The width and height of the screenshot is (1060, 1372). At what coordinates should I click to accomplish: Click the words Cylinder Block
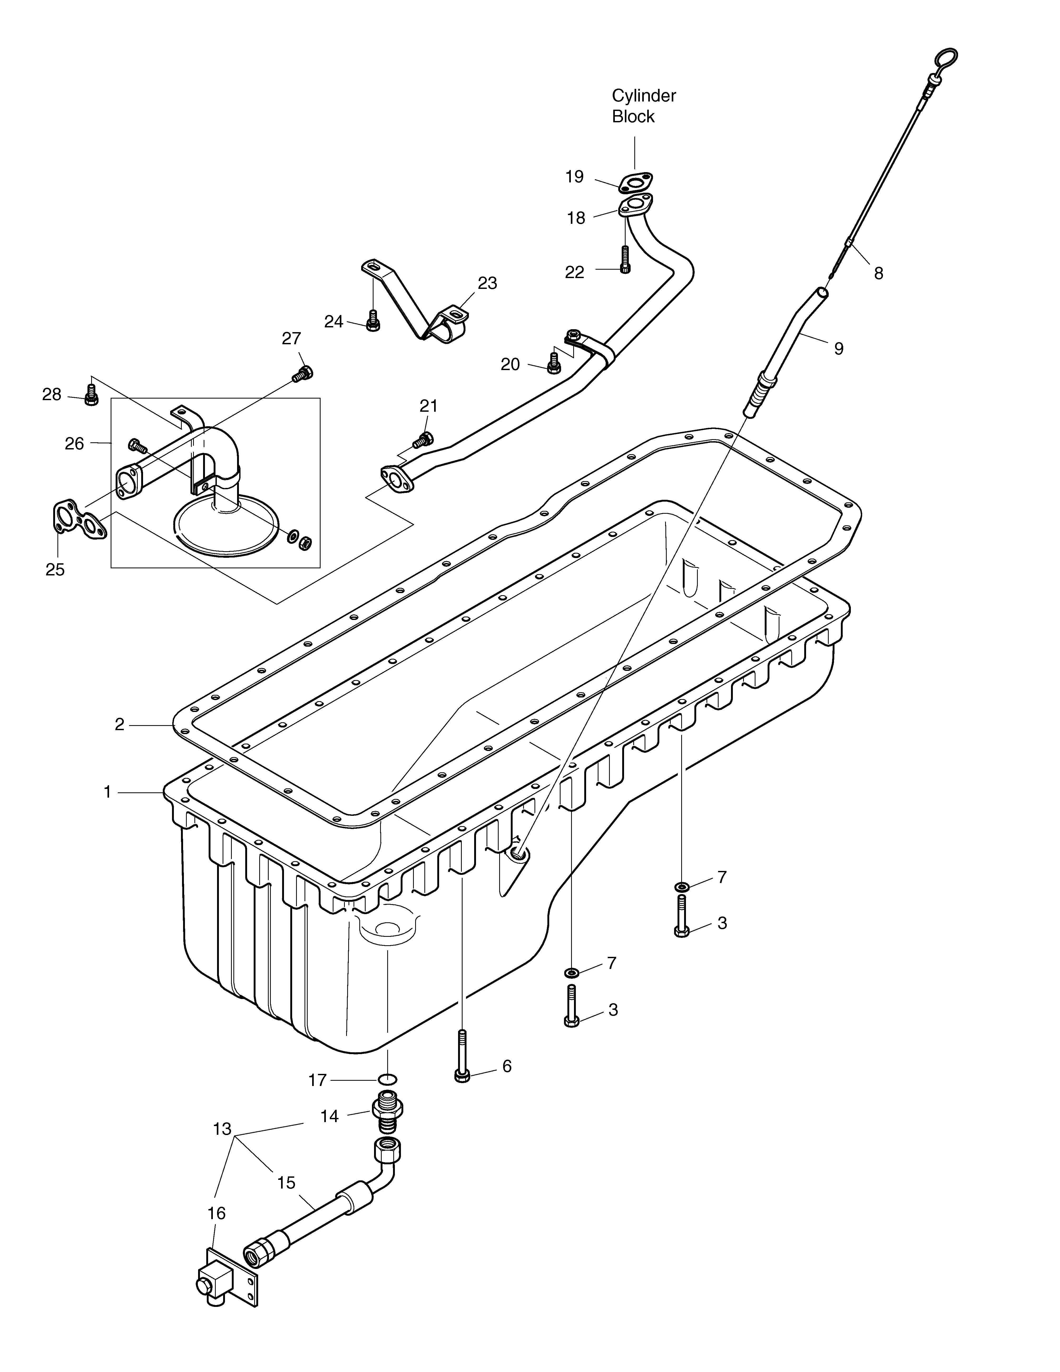click(x=644, y=106)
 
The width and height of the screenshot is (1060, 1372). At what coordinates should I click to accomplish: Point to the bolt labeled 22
click(x=625, y=259)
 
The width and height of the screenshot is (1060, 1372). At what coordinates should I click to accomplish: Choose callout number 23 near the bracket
click(x=487, y=283)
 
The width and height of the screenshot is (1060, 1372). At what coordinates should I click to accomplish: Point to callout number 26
click(x=74, y=444)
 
